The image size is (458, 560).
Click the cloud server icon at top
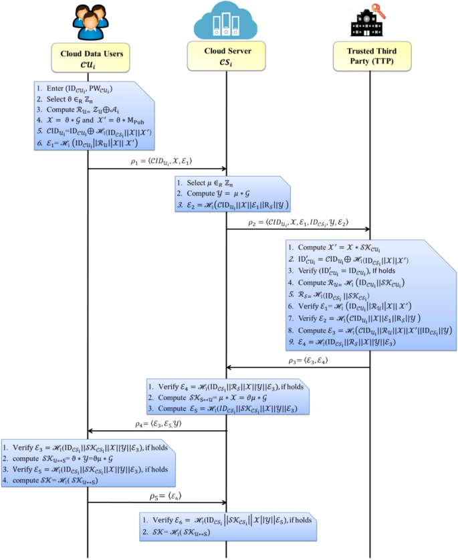click(225, 21)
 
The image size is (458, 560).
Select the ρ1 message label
click(159, 162)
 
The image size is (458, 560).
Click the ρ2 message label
click(298, 222)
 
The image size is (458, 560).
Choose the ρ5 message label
click(158, 496)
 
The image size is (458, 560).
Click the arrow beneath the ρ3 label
click(298, 367)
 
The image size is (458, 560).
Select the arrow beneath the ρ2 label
click(298, 229)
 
